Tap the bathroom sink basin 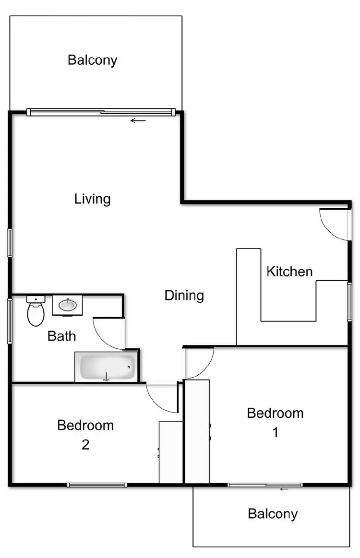pyautogui.click(x=67, y=305)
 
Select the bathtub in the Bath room pyautogui.click(x=106, y=368)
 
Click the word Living pyautogui.click(x=93, y=199)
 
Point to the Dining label pyautogui.click(x=184, y=295)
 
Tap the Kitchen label pyautogui.click(x=289, y=272)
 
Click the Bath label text pyautogui.click(x=61, y=336)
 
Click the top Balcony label pyautogui.click(x=93, y=60)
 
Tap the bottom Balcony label pyautogui.click(x=273, y=514)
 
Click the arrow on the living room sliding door pyautogui.click(x=138, y=120)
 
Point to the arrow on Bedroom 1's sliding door pyautogui.click(x=284, y=489)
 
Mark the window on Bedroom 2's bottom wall pyautogui.click(x=97, y=485)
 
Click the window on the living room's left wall pyautogui.click(x=9, y=243)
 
